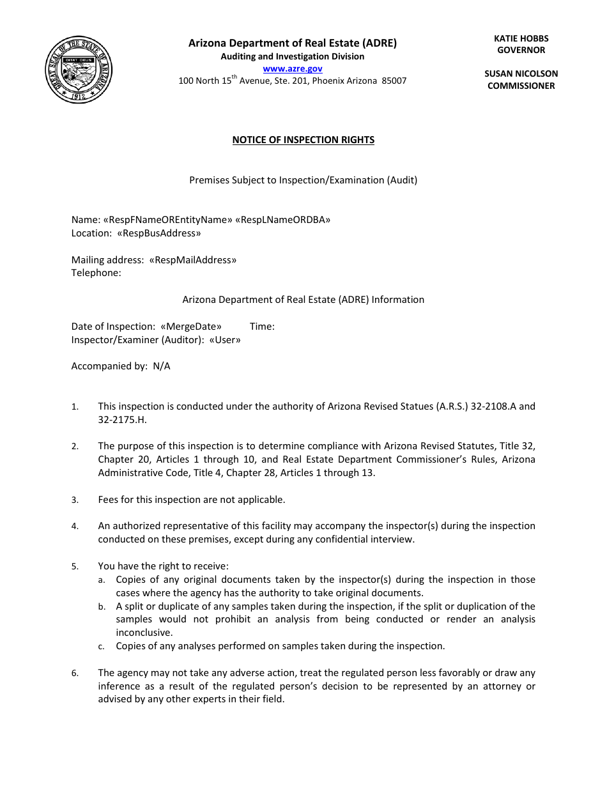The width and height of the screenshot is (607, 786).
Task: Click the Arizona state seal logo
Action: pyautogui.click(x=80, y=70)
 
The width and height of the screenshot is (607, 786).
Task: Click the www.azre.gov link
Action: pyautogui.click(x=293, y=68)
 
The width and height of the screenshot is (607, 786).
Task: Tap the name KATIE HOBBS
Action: pyautogui.click(x=521, y=38)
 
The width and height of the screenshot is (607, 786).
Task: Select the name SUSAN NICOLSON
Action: pyautogui.click(x=521, y=73)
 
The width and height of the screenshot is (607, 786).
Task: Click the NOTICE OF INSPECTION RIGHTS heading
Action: pyautogui.click(x=303, y=140)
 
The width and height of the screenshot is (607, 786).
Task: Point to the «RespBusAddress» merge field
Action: pyautogui.click(x=159, y=233)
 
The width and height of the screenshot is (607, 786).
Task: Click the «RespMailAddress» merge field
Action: pyautogui.click(x=192, y=260)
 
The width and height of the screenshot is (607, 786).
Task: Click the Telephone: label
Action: pyautogui.click(x=96, y=273)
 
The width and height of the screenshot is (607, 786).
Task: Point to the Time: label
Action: pyautogui.click(x=262, y=327)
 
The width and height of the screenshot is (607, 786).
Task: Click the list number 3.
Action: pyautogui.click(x=75, y=500)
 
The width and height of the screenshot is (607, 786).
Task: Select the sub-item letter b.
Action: pyautogui.click(x=101, y=607)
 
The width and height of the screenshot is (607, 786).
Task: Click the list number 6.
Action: pyautogui.click(x=75, y=674)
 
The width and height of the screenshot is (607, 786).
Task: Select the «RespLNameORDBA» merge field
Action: pyautogui.click(x=283, y=220)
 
